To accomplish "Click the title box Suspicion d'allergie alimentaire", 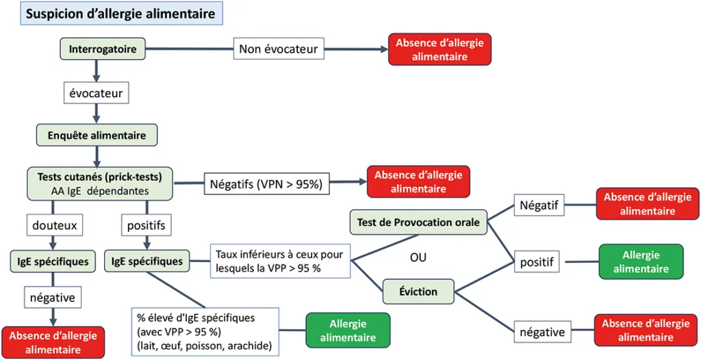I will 120,14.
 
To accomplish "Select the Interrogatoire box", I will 102,49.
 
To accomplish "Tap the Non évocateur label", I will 278,49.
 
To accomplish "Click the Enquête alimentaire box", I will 97,135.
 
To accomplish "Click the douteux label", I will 53,224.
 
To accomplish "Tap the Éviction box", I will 418,292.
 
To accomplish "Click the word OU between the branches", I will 418,258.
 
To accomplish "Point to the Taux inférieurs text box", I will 281,261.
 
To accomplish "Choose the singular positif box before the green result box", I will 537,261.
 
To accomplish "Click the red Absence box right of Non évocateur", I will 439,50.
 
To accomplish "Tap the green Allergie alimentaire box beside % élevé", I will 348,331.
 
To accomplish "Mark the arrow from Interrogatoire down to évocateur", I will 97,68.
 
